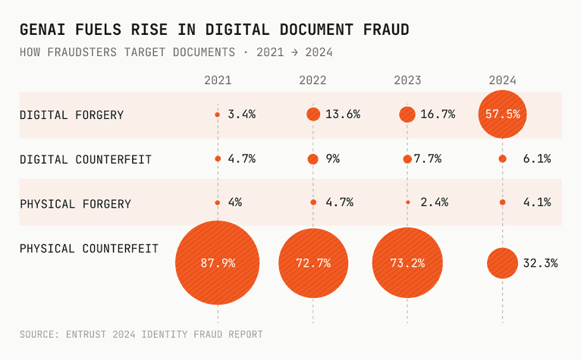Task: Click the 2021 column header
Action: click(218, 80)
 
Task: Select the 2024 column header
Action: click(503, 80)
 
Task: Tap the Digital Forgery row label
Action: click(71, 114)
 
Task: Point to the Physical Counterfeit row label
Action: click(89, 249)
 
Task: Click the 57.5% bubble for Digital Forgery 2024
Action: click(503, 114)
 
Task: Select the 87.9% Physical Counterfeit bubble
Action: click(218, 263)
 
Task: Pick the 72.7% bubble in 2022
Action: click(312, 263)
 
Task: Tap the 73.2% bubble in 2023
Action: click(407, 263)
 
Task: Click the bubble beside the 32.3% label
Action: click(502, 263)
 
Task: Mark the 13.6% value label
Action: click(342, 114)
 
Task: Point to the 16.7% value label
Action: click(438, 114)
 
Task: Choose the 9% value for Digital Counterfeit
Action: click(333, 159)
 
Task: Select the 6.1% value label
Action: click(535, 159)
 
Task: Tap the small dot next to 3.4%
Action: click(218, 114)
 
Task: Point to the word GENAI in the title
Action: click(42, 30)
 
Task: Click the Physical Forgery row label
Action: click(75, 204)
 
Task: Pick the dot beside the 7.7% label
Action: click(407, 159)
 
